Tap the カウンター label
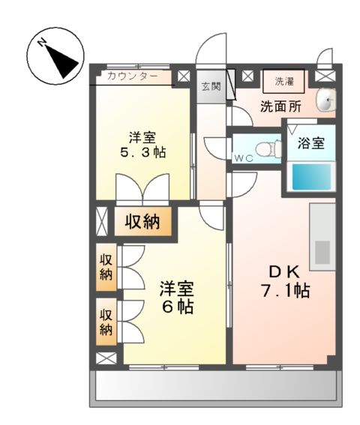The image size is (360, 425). [133, 76]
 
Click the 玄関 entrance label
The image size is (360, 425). [209, 86]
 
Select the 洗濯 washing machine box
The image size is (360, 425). [284, 80]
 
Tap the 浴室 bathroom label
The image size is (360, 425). [311, 142]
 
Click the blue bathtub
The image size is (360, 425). [311, 178]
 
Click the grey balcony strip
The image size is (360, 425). [214, 388]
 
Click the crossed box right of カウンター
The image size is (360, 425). [184, 76]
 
